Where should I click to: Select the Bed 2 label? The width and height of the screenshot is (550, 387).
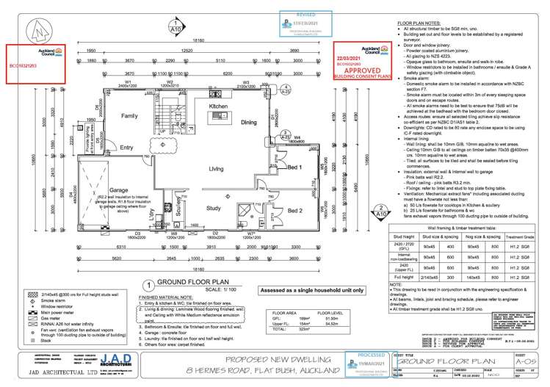[x=294, y=211]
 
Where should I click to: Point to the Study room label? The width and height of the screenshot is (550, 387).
[x=214, y=208]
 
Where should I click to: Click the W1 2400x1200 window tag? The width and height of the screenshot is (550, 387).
[x=127, y=84]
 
